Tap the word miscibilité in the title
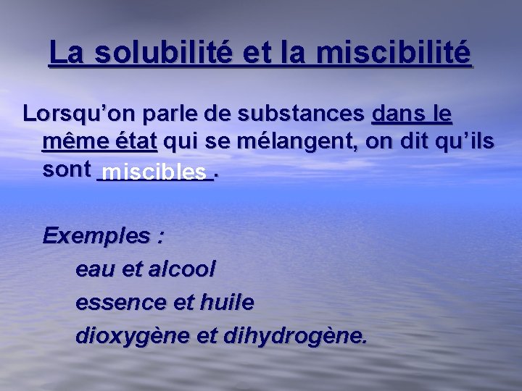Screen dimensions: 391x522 pos(394,53)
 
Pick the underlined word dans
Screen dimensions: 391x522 pos(397,114)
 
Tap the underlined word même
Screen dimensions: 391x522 pos(72,141)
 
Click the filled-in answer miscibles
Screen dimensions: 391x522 pos(154,172)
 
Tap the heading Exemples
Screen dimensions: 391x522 pos(97,235)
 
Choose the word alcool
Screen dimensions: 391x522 pos(181,269)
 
